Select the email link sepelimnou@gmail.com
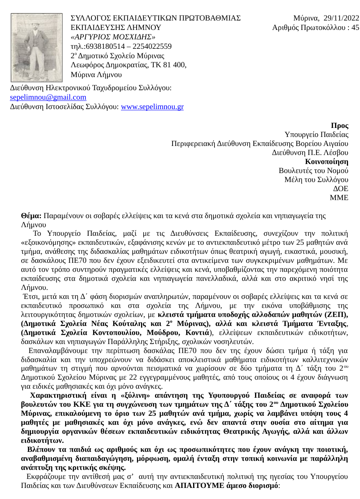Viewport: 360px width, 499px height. pyautogui.click(x=48, y=98)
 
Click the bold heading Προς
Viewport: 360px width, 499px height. pyautogui.click(x=339, y=126)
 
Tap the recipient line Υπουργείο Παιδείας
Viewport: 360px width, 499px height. pyautogui.click(x=316, y=134)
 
